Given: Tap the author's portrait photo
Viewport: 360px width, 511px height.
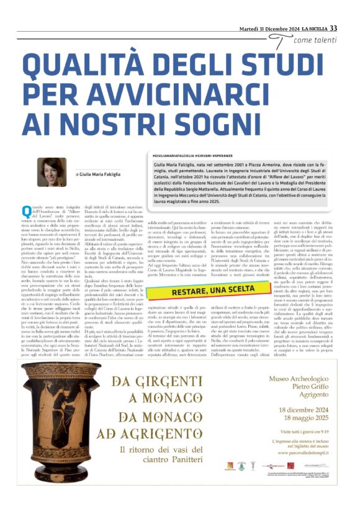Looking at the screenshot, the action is click(x=52, y=171).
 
